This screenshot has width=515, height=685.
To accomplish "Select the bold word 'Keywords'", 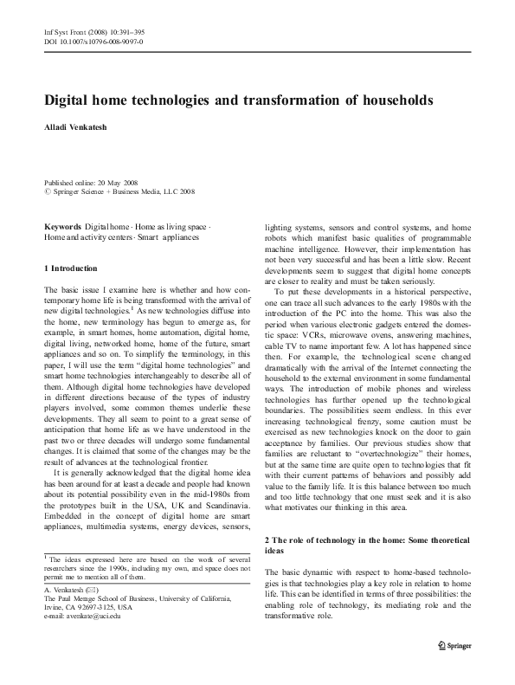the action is [x=63, y=226].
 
